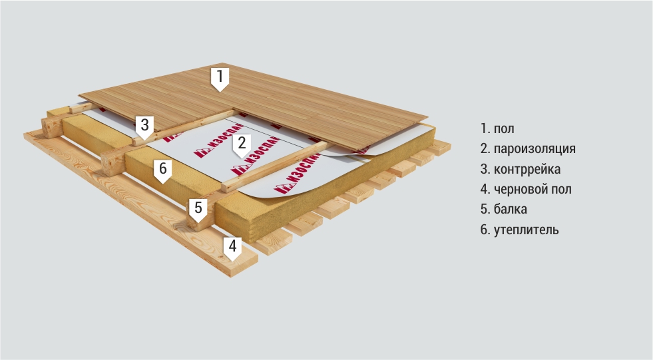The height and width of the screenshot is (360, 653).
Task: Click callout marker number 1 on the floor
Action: coord(220,79)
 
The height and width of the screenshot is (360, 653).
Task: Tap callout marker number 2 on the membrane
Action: coord(242,146)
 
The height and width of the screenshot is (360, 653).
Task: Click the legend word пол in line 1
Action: coord(504,128)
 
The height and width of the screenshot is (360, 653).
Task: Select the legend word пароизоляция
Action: coord(535,149)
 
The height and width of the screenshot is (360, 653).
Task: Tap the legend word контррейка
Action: coord(527,169)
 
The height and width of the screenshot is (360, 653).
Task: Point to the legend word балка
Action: coord(510,209)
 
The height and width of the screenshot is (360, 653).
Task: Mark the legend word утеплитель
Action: coord(526,230)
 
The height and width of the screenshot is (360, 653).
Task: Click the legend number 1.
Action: coord(485,128)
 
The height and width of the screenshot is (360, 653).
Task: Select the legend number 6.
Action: coord(485,230)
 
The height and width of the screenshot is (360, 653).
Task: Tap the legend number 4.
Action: coord(485,190)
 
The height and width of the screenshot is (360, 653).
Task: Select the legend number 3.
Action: coord(485,170)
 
